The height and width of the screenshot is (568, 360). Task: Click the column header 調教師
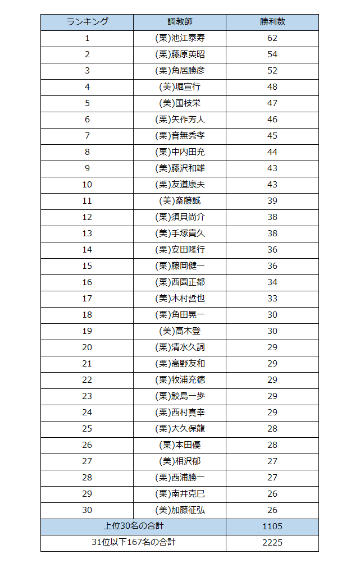[x=180, y=22]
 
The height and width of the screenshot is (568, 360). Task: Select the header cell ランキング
[x=87, y=22]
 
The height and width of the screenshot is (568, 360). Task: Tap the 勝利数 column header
[x=272, y=22]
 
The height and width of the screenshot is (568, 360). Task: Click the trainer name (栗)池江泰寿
[x=180, y=38]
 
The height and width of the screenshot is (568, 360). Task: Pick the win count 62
[x=272, y=38]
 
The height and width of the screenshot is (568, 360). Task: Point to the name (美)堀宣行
[x=180, y=87]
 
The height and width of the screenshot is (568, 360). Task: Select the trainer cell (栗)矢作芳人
[x=180, y=120]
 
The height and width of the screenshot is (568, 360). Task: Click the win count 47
[x=272, y=103]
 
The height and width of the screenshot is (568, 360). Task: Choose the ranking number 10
[x=87, y=185]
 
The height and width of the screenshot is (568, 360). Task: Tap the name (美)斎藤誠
[x=180, y=201]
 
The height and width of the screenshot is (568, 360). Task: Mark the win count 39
[x=272, y=201]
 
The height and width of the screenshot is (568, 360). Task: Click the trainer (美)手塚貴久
[x=180, y=233]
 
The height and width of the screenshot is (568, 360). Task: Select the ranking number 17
[x=87, y=299]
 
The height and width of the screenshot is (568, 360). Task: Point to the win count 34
[x=272, y=282]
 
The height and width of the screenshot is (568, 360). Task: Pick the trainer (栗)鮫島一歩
[x=180, y=396]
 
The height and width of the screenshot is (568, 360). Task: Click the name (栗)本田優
[x=180, y=445]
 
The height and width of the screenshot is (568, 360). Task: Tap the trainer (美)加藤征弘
[x=180, y=510]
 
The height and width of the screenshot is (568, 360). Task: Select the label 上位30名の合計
[x=133, y=526]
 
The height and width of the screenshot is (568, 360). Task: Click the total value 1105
[x=272, y=526]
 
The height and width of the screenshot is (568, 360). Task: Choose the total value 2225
[x=272, y=543]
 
